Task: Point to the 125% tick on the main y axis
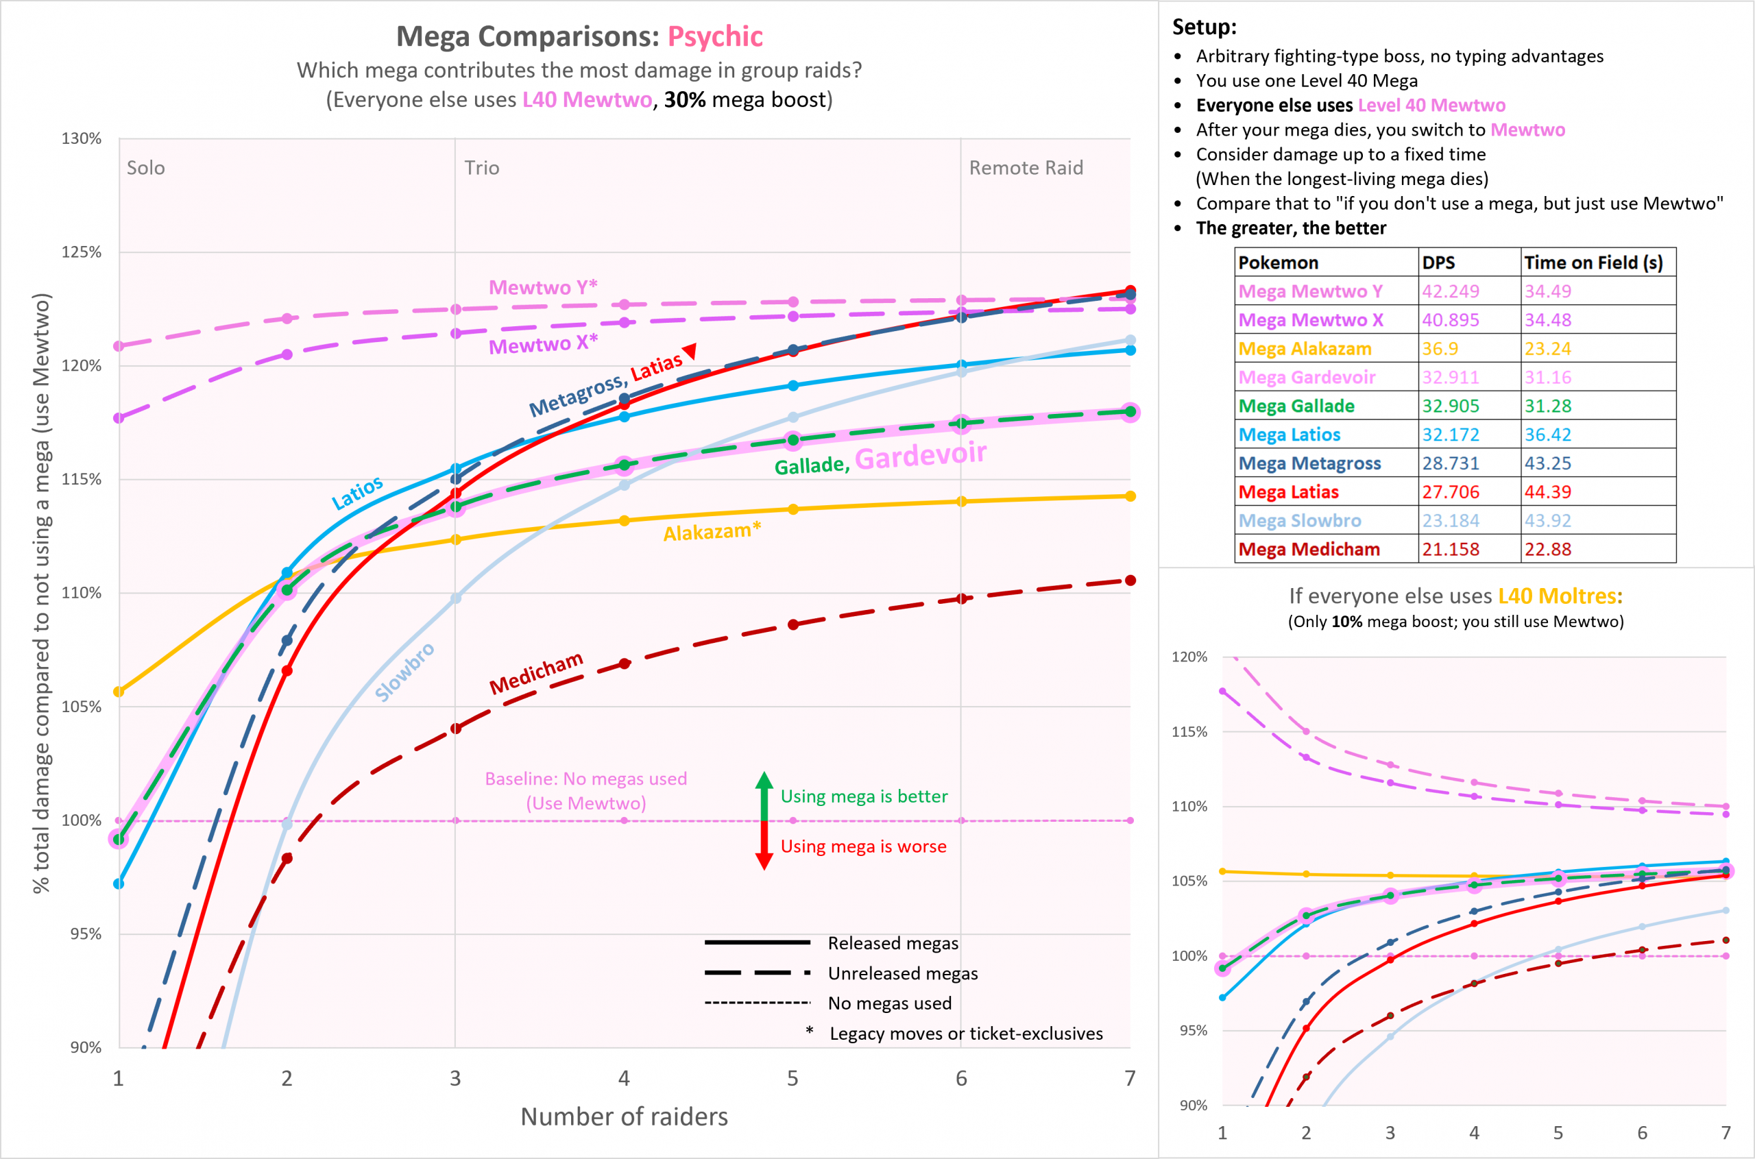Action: (x=82, y=252)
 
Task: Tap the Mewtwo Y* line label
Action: (x=543, y=286)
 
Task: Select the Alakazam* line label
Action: (x=711, y=531)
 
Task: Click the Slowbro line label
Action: (x=404, y=672)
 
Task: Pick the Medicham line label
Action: (x=536, y=672)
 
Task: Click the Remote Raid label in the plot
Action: (x=1026, y=168)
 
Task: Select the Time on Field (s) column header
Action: (x=1593, y=263)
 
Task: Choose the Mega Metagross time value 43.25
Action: (x=1547, y=463)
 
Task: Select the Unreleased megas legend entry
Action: (x=902, y=973)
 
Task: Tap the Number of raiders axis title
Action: (x=624, y=1116)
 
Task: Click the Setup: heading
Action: (x=1204, y=27)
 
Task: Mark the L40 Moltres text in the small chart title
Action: (x=1559, y=596)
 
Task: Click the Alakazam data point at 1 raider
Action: (x=119, y=692)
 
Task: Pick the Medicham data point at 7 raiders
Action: (x=1130, y=581)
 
